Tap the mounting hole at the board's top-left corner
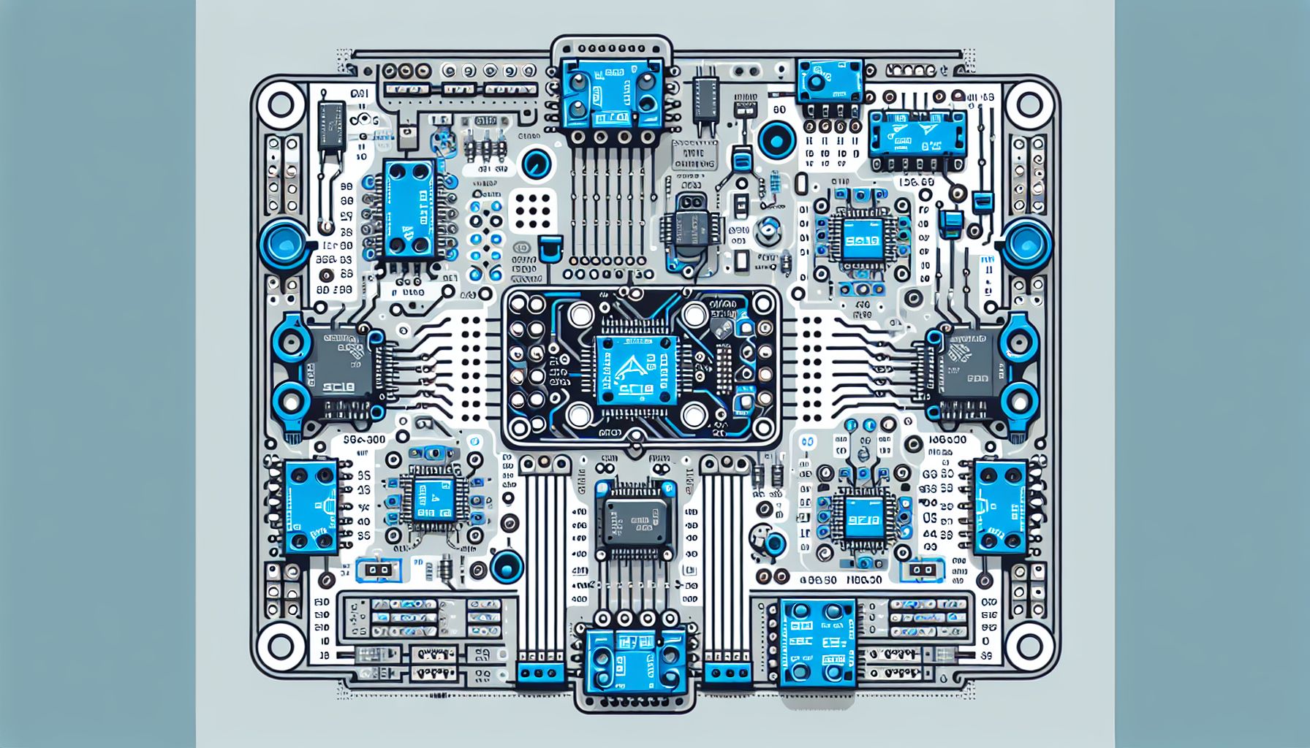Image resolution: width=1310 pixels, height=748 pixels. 281,104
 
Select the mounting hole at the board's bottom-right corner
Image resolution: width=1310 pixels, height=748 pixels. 1029,645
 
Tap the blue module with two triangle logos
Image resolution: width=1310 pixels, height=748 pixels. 917,135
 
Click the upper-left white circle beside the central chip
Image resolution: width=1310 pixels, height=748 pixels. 580,316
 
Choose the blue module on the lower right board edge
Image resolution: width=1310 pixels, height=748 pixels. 998,505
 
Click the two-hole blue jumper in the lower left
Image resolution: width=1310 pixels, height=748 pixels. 379,570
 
